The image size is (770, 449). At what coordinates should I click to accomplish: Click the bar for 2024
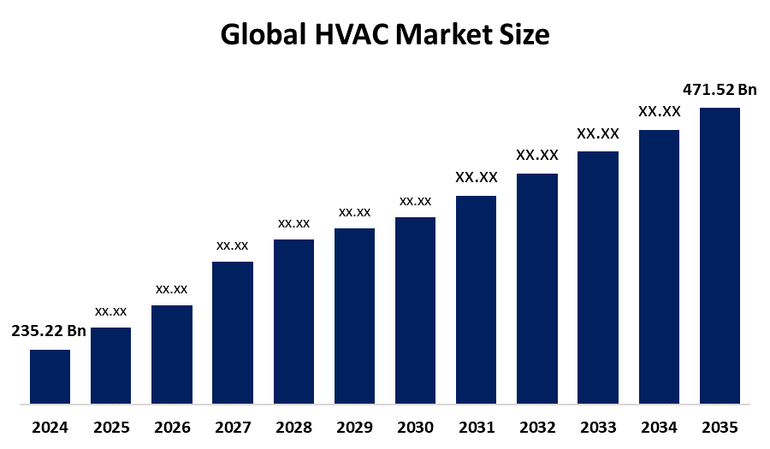(50, 376)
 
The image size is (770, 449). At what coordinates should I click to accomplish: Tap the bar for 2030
(415, 310)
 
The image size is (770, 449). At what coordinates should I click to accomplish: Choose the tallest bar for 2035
(720, 255)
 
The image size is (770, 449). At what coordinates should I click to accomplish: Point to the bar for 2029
(354, 316)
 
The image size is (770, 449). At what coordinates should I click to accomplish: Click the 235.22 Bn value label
(49, 332)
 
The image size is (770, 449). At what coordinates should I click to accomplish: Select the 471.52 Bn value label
(720, 90)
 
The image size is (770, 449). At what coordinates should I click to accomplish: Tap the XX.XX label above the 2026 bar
(171, 289)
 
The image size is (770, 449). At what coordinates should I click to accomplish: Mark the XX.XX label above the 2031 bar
(477, 178)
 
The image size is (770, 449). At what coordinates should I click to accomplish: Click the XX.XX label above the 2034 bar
(659, 112)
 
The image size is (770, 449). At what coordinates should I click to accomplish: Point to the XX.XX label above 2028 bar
(293, 223)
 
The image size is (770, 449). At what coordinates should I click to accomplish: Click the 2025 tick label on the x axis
(110, 427)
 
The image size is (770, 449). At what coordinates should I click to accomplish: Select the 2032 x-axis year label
(537, 427)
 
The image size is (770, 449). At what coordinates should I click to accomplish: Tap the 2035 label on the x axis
(720, 427)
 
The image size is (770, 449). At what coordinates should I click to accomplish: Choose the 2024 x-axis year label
(50, 427)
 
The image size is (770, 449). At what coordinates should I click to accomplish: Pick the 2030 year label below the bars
(415, 427)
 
